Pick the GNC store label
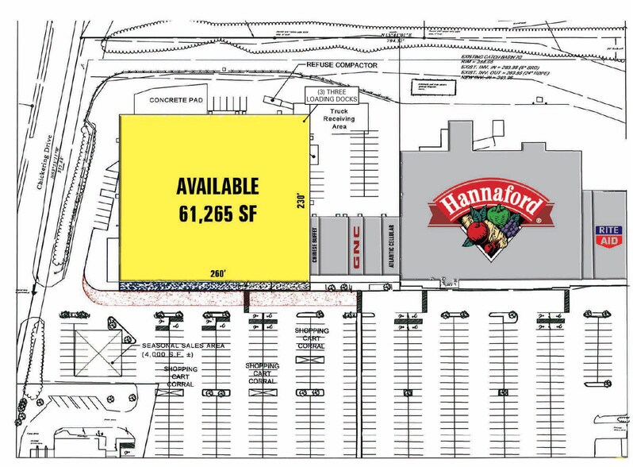coord(357,245)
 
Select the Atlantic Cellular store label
coord(389,245)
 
